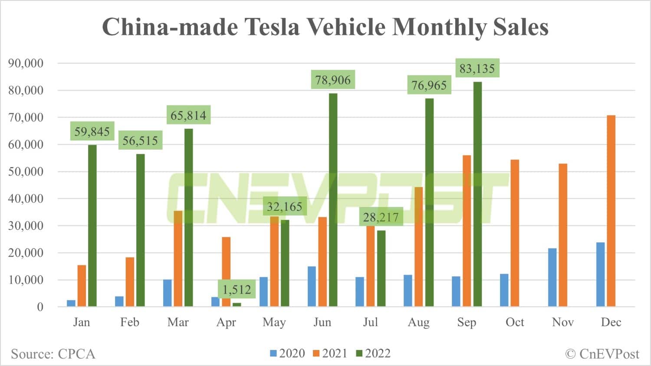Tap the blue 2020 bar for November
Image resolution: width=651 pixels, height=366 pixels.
pos(552,278)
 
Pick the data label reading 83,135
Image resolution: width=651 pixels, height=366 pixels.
pos(477,68)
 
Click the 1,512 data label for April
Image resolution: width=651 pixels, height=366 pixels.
pos(237,289)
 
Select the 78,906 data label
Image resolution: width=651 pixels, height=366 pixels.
pos(333,80)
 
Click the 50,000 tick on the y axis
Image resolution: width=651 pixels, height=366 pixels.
pos(26,171)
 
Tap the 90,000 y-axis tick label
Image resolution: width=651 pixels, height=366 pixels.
pos(26,63)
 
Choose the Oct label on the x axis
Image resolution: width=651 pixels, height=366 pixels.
pos(515,322)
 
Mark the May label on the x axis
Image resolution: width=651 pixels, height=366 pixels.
pos(274,322)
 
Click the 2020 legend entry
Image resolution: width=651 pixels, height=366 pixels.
pos(287,353)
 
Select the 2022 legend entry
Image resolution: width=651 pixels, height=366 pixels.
pos(373,353)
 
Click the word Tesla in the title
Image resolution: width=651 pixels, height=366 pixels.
pos(273,27)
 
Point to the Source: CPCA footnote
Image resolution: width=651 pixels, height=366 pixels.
pos(53,354)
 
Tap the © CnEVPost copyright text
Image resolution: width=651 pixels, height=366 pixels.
pos(602,354)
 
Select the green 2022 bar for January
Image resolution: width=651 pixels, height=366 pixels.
pos(92,225)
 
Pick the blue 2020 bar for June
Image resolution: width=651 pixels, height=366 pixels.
pos(312,287)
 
